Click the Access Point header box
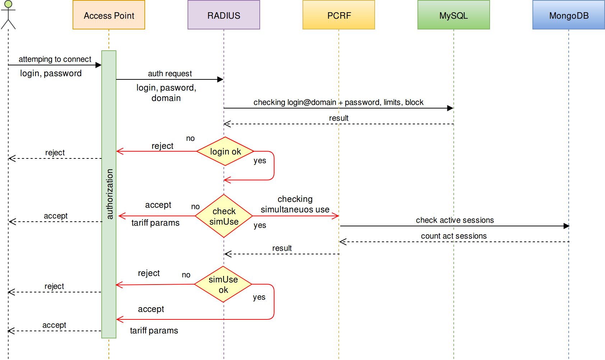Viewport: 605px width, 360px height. tap(109, 15)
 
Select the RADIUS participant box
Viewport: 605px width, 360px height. tap(223, 15)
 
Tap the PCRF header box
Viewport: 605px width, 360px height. tap(338, 15)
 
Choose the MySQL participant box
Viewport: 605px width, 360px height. tap(453, 15)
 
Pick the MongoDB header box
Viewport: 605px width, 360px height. tap(568, 15)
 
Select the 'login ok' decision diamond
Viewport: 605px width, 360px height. tap(225, 151)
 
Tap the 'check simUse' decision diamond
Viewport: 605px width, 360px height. tap(224, 216)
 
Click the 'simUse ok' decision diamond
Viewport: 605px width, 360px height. tap(223, 284)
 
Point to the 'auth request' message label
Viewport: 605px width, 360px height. tap(170, 74)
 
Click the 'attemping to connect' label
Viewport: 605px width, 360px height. tap(55, 59)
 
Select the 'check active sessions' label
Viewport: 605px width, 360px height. tap(455, 220)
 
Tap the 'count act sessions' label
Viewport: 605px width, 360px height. tap(454, 236)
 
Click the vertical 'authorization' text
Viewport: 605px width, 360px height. tap(110, 194)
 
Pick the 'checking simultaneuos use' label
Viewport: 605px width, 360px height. tap(295, 204)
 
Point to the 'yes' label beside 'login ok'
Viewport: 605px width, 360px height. tap(260, 161)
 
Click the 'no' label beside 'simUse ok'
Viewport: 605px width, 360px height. tap(186, 275)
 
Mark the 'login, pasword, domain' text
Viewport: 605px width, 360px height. tap(166, 93)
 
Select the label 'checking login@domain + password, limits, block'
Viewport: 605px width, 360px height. tap(338, 102)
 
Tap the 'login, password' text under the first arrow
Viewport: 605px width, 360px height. tap(51, 73)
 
